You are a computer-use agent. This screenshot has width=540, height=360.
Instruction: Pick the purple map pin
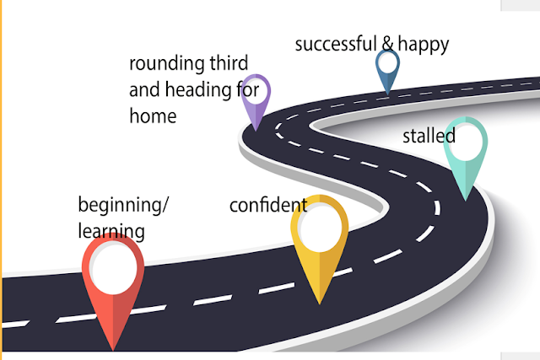click(x=256, y=99)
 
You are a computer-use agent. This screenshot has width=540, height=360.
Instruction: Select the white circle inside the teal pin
click(x=466, y=143)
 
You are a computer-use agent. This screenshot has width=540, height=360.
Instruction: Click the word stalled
click(x=429, y=136)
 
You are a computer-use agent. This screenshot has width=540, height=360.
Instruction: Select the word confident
click(x=267, y=205)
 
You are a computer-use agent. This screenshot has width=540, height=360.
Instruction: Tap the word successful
click(x=334, y=44)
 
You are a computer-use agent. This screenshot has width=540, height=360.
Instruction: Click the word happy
click(x=424, y=45)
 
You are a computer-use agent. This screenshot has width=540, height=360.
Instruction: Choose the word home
click(x=153, y=116)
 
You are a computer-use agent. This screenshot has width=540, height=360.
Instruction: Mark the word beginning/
click(x=123, y=205)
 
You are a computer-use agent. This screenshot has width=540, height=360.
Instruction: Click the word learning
click(x=111, y=230)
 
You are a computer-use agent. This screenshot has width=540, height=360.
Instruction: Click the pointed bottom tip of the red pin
click(x=112, y=348)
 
